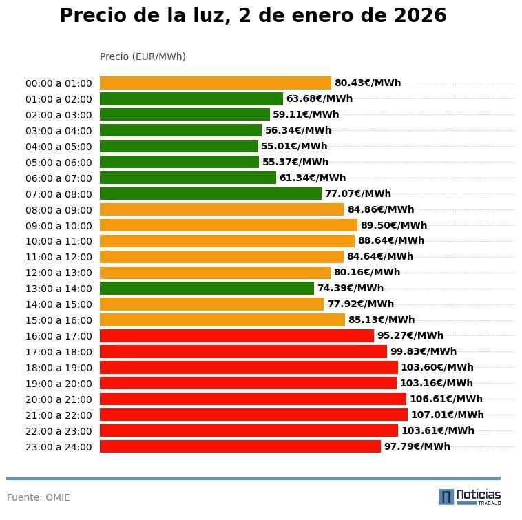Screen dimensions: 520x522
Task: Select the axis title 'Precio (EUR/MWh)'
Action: (x=143, y=56)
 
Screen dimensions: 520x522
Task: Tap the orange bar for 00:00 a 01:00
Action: (x=215, y=83)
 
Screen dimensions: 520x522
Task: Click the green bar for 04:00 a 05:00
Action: (x=178, y=146)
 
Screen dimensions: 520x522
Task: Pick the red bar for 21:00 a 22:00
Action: (x=253, y=415)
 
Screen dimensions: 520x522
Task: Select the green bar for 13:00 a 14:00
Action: (x=207, y=289)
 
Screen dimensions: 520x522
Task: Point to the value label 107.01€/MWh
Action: (x=447, y=415)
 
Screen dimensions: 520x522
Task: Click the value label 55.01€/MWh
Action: (x=294, y=146)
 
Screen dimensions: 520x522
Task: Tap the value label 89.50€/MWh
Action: (x=393, y=225)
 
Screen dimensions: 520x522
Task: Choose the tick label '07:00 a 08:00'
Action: (x=59, y=194)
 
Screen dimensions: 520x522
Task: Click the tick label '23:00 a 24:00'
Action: (x=59, y=447)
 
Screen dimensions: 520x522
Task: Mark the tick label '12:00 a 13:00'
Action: (x=59, y=273)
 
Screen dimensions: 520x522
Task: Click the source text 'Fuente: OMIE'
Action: (x=39, y=497)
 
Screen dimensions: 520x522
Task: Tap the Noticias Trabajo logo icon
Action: (x=446, y=497)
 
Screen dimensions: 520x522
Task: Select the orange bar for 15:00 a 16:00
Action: (x=222, y=320)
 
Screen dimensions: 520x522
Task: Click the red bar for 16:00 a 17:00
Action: (x=236, y=336)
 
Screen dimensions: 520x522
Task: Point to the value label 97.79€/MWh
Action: (x=417, y=446)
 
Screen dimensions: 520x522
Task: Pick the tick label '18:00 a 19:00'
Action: (x=59, y=368)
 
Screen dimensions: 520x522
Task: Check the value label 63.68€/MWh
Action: (x=319, y=99)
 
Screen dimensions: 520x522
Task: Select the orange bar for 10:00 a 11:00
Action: (x=227, y=241)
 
